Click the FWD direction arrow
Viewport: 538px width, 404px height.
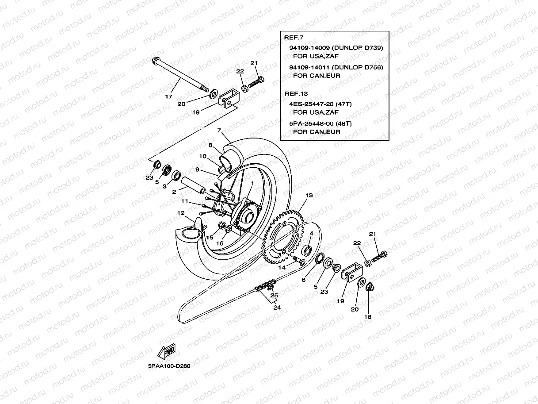167,353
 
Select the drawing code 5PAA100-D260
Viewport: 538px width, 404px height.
169,366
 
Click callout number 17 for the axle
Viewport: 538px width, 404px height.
168,96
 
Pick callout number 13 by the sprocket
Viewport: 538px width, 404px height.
309,195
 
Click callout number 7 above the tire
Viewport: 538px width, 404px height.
218,131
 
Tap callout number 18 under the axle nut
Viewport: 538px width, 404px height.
368,317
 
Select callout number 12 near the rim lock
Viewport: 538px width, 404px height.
180,213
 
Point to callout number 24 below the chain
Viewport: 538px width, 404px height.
277,307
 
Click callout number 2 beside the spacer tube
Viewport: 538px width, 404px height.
174,192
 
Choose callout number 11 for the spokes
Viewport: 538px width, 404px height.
184,201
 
